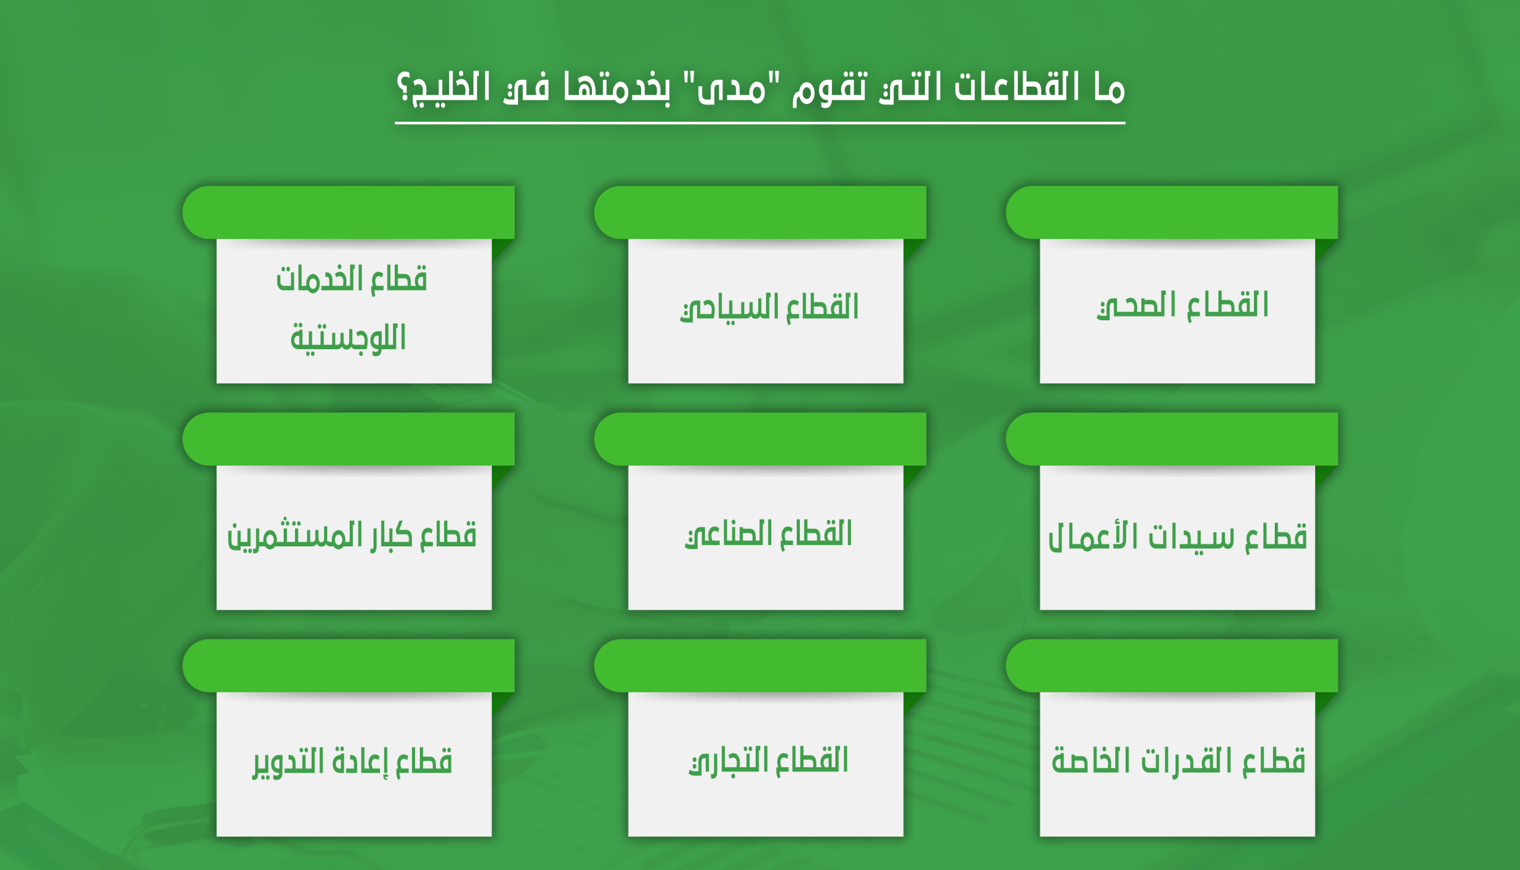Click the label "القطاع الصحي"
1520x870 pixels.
[x=1183, y=306]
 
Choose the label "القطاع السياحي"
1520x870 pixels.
[x=769, y=308]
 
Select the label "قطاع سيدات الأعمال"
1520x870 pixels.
[x=1178, y=537]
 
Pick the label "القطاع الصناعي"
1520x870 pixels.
[x=769, y=534]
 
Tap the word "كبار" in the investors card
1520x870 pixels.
[x=391, y=535]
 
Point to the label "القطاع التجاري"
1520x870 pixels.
[x=769, y=761]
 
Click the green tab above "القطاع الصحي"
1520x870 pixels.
[x=1172, y=212]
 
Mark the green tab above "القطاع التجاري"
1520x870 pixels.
[x=759, y=666]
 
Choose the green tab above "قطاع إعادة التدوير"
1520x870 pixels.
[x=348, y=666]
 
